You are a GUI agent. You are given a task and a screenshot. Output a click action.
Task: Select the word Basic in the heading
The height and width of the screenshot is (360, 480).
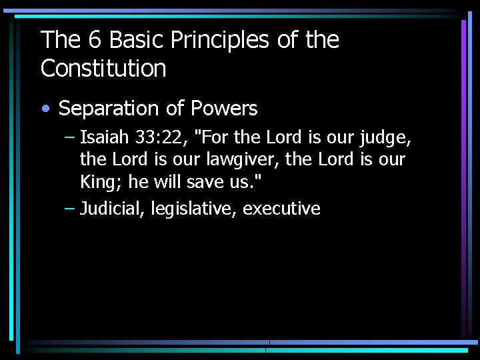pos(135,41)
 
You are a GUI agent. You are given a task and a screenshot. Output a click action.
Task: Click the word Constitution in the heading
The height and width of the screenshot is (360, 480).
pos(103,68)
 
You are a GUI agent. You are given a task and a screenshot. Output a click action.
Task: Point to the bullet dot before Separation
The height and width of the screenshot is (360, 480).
pos(46,109)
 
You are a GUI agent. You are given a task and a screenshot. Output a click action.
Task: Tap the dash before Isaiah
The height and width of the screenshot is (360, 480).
pos(70,139)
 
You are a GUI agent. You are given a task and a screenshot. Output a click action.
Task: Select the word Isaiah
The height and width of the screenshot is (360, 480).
pos(103,139)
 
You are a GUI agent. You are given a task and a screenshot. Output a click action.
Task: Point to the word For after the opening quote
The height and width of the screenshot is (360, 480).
pos(216,139)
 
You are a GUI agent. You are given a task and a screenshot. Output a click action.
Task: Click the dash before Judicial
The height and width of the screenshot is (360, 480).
pos(70,209)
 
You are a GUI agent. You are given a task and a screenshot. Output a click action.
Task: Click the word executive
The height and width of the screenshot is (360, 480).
pos(281,209)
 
